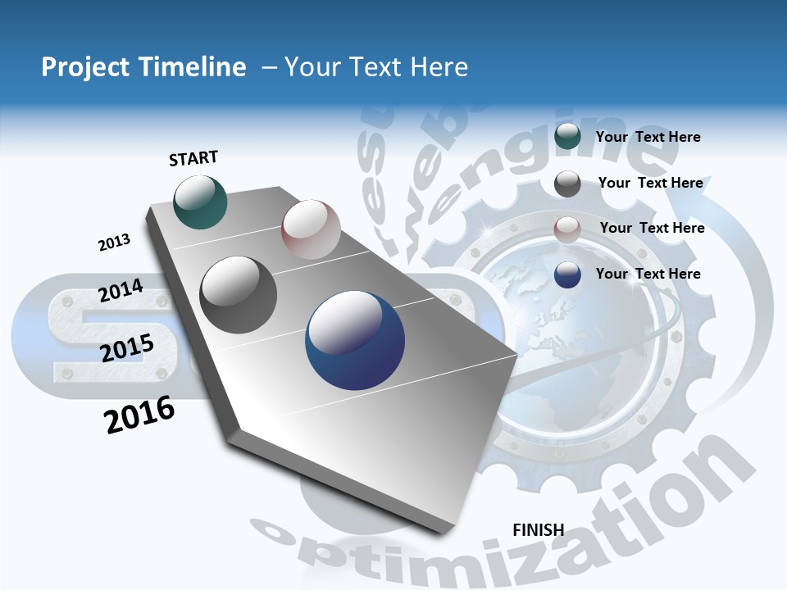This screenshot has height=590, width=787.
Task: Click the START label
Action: (x=193, y=158)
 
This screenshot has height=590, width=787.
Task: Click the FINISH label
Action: (x=538, y=530)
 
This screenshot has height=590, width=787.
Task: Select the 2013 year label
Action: (x=114, y=243)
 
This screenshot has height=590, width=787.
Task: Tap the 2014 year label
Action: (x=121, y=291)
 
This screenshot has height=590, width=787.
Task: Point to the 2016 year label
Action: (x=139, y=415)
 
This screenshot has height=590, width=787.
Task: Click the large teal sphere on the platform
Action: (x=200, y=202)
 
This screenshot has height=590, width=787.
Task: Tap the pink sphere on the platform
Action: (x=311, y=229)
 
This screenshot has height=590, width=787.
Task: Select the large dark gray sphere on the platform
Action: (x=238, y=295)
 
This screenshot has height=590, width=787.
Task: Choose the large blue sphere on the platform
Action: (x=354, y=340)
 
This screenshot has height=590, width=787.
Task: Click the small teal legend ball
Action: (x=567, y=137)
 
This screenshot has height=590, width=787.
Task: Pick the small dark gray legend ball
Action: (x=567, y=184)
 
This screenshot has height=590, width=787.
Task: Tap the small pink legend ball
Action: (x=567, y=229)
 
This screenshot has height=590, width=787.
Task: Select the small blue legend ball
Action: (x=567, y=275)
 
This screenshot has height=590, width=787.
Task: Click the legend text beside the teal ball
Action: (x=648, y=137)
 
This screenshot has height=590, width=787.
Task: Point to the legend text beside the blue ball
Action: (x=648, y=274)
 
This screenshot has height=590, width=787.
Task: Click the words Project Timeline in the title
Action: (x=143, y=67)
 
